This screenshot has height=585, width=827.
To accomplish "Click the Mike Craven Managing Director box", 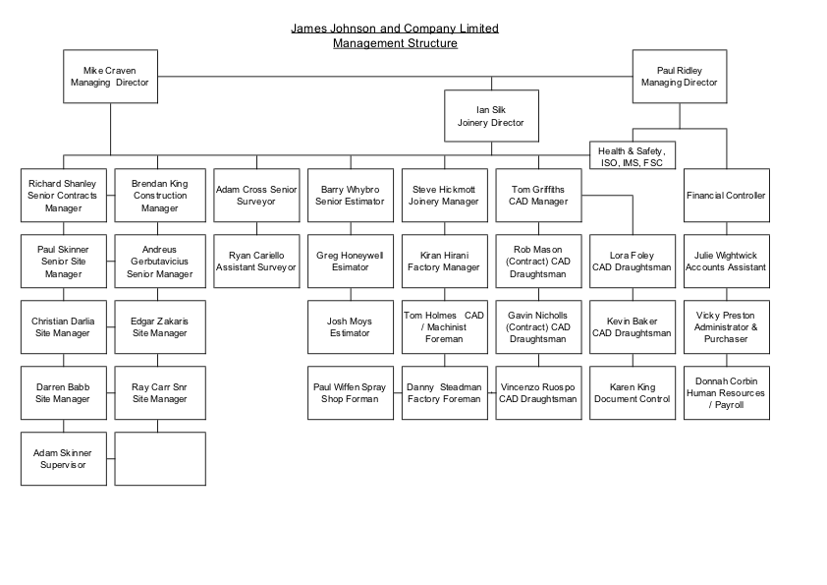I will (x=110, y=77).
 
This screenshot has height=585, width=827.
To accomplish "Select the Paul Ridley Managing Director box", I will (x=679, y=77).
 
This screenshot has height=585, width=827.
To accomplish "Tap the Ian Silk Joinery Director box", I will (x=490, y=116).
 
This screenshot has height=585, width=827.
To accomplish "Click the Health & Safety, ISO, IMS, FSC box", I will (x=633, y=156).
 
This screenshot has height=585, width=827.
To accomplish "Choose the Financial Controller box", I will (x=726, y=196).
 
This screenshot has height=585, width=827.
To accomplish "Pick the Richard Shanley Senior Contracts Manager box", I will (x=64, y=196).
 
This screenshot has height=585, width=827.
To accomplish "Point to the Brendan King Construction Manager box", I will (x=159, y=196).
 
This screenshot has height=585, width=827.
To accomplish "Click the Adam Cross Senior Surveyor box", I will (x=255, y=196).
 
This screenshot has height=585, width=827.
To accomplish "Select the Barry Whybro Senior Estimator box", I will (x=350, y=196).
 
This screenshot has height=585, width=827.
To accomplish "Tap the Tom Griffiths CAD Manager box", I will (x=537, y=196).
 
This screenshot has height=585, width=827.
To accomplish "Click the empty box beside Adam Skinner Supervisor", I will (x=159, y=458).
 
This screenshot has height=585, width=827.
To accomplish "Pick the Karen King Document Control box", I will (x=632, y=393).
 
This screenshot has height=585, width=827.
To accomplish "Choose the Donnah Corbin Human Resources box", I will (x=726, y=393).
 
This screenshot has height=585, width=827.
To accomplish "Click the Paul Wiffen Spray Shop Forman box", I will (x=350, y=393).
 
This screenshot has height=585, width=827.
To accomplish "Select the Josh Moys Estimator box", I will (x=350, y=327).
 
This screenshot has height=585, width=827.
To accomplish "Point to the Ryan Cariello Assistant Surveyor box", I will (x=255, y=262).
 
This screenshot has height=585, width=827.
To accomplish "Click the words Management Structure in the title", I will (x=395, y=43).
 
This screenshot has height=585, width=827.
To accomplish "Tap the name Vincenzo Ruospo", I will (x=537, y=387).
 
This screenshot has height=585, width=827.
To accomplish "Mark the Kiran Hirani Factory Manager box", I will (x=443, y=262).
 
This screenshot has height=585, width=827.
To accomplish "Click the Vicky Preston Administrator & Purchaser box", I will (x=726, y=327).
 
